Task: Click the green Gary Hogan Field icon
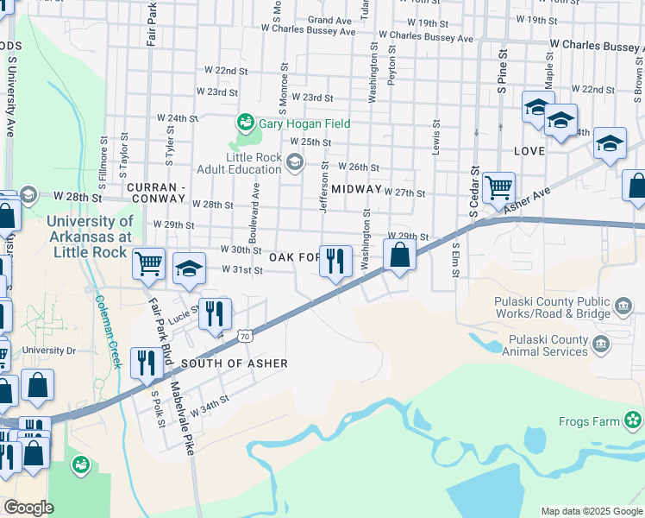point(246,123)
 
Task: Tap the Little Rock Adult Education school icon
point(295,161)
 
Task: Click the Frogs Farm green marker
point(634,420)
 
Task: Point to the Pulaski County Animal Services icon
point(601,345)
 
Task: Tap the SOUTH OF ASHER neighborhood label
point(234,363)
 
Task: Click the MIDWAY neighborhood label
point(355,188)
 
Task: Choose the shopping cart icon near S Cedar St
point(498,186)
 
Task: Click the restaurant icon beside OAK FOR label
point(335,260)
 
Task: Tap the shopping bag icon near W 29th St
point(399,255)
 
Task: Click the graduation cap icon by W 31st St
point(189,268)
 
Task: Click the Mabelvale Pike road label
point(181,419)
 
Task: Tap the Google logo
point(28,508)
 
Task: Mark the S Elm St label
point(455,260)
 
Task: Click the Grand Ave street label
point(329,20)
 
